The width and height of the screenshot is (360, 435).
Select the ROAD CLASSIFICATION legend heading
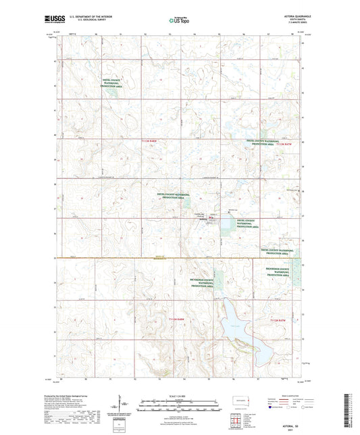coord(286,395)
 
